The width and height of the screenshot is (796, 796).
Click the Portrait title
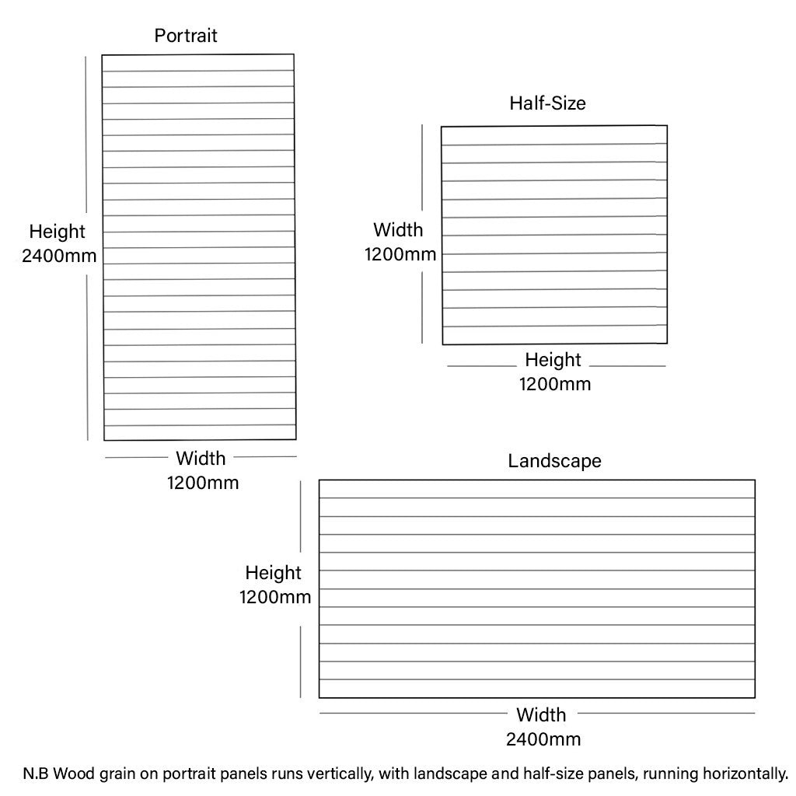tap(186, 36)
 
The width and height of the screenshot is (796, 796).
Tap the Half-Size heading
tap(547, 103)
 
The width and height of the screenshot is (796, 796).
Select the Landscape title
tap(554, 461)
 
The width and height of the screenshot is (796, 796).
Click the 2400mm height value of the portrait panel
tap(59, 255)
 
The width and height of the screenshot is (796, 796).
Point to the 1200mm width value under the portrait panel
tap(203, 483)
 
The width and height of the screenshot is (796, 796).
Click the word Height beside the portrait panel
tap(57, 232)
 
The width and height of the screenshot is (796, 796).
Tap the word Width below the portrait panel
tap(201, 459)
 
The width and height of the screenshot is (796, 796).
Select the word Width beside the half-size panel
tap(398, 230)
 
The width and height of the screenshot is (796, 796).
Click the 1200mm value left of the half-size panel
tap(400, 254)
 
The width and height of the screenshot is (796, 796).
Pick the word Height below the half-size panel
tap(553, 361)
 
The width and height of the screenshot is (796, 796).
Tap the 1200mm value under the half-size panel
tap(555, 384)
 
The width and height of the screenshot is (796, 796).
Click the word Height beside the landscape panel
tap(273, 573)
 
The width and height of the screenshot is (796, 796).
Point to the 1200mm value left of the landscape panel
tap(275, 597)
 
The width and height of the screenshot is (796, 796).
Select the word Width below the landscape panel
tap(541, 715)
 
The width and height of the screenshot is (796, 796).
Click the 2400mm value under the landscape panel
tap(543, 739)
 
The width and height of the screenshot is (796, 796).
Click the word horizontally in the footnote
tap(745, 774)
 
